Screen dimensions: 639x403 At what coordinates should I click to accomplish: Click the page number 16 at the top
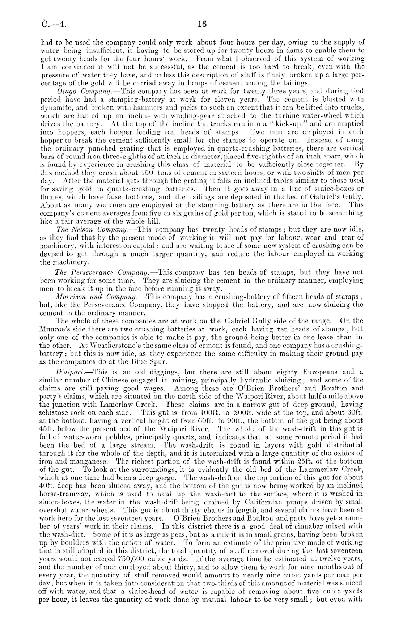(x=201, y=24)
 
